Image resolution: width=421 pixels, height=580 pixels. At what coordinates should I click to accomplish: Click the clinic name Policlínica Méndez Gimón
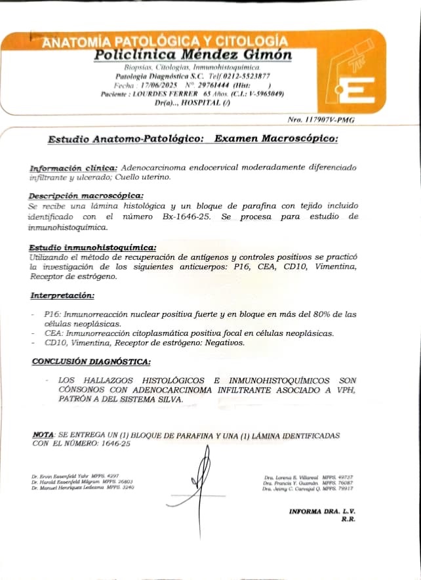(193, 54)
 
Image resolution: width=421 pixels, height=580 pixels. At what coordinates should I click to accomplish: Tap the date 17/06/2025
(158, 85)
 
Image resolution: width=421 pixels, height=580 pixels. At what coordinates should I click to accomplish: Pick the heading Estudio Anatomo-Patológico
(126, 139)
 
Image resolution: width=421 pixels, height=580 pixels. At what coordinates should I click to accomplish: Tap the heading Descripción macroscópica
(85, 196)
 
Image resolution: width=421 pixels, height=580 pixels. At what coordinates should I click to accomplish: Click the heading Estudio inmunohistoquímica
(92, 247)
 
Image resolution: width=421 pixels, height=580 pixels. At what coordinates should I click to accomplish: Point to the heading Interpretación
(62, 296)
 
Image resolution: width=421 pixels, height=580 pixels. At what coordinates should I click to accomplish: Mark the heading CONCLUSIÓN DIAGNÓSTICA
(90, 362)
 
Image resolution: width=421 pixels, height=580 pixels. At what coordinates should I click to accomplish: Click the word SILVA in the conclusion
(165, 399)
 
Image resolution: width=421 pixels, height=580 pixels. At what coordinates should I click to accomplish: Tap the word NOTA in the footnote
(43, 435)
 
